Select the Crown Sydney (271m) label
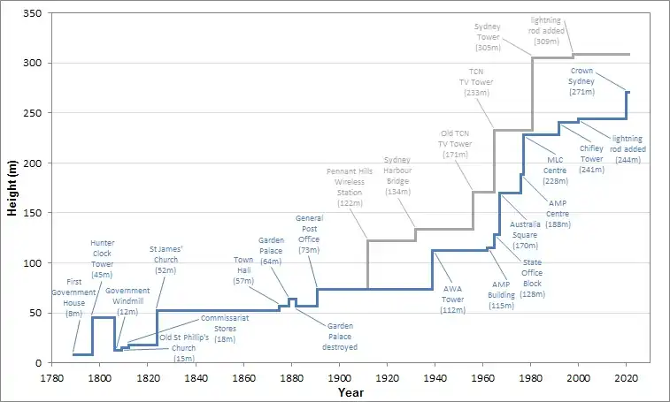point(581,80)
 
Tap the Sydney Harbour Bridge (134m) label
point(398,175)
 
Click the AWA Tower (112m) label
point(453,299)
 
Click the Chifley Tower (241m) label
point(591,158)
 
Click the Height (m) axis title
point(13,186)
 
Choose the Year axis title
point(350,391)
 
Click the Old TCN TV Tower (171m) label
point(456,143)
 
